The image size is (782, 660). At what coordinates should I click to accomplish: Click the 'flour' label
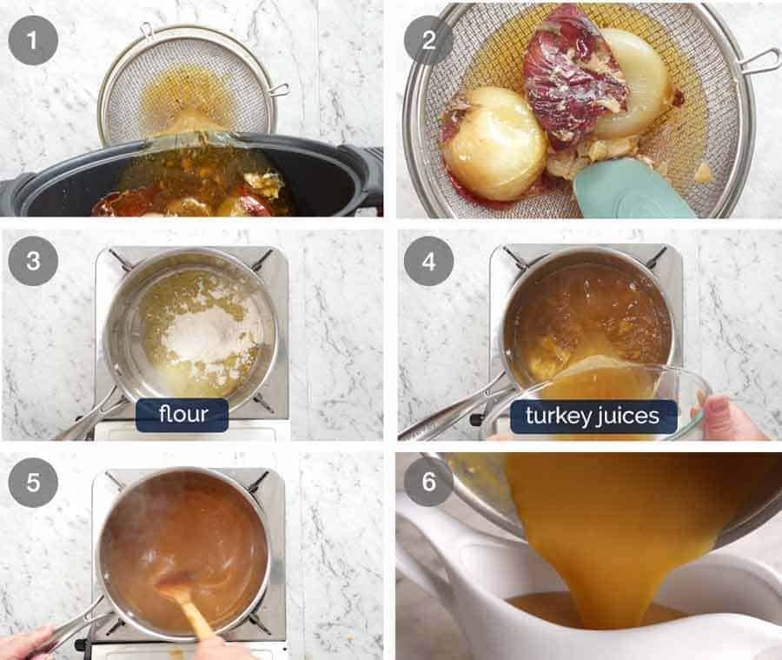182,416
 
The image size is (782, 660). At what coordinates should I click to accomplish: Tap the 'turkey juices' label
593,417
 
